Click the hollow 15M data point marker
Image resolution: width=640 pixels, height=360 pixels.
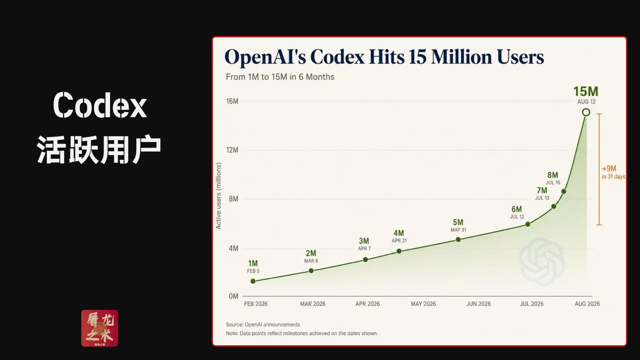point(586,112)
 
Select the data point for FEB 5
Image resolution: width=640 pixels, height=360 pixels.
point(253,281)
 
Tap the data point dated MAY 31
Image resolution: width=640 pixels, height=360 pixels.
point(458,240)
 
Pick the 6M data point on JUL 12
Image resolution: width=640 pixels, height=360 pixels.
point(528,224)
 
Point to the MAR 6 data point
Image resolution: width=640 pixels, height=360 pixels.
point(311,271)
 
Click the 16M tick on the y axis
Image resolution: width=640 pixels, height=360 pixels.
point(232,101)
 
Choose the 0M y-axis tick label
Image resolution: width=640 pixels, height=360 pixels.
point(233,296)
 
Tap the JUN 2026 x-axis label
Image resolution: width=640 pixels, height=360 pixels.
point(478,304)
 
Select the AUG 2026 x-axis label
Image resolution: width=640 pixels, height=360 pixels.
point(587,304)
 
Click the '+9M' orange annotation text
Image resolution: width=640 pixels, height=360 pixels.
point(609,168)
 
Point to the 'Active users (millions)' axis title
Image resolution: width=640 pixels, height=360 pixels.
point(218,196)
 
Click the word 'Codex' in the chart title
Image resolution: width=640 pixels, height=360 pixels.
point(337,57)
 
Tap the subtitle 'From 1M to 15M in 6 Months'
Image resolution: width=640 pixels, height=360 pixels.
point(280,77)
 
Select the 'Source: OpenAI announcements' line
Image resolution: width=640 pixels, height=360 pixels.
point(263,324)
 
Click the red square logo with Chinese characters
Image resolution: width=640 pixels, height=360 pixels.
point(100,328)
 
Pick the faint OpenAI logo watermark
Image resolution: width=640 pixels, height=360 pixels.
point(542,261)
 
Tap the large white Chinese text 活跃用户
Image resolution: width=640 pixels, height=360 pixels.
point(99,150)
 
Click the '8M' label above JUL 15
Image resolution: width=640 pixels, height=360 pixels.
point(553,175)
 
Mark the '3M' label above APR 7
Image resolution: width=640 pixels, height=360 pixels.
point(364,241)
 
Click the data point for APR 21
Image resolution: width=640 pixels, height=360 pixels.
point(399,251)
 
